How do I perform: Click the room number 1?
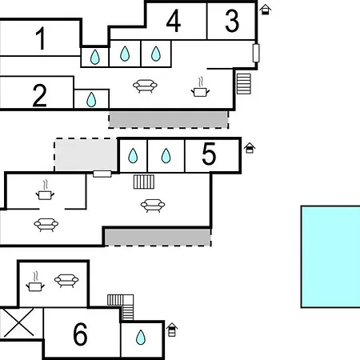(41, 38)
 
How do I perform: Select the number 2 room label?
(39, 95)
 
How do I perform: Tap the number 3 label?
(232, 21)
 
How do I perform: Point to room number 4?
(174, 21)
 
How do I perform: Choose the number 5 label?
(209, 154)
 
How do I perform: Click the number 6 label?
(80, 334)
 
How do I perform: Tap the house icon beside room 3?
(266, 10)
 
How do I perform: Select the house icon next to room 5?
(250, 148)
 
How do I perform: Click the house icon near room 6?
(172, 330)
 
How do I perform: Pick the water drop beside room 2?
(91, 100)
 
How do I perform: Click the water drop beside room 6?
(141, 338)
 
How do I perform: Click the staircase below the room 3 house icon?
(244, 84)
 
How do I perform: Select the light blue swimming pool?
(330, 257)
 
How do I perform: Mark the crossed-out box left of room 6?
(19, 322)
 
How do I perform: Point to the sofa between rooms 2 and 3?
(145, 86)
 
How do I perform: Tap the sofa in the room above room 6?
(66, 281)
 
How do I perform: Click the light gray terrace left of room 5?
(86, 155)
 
